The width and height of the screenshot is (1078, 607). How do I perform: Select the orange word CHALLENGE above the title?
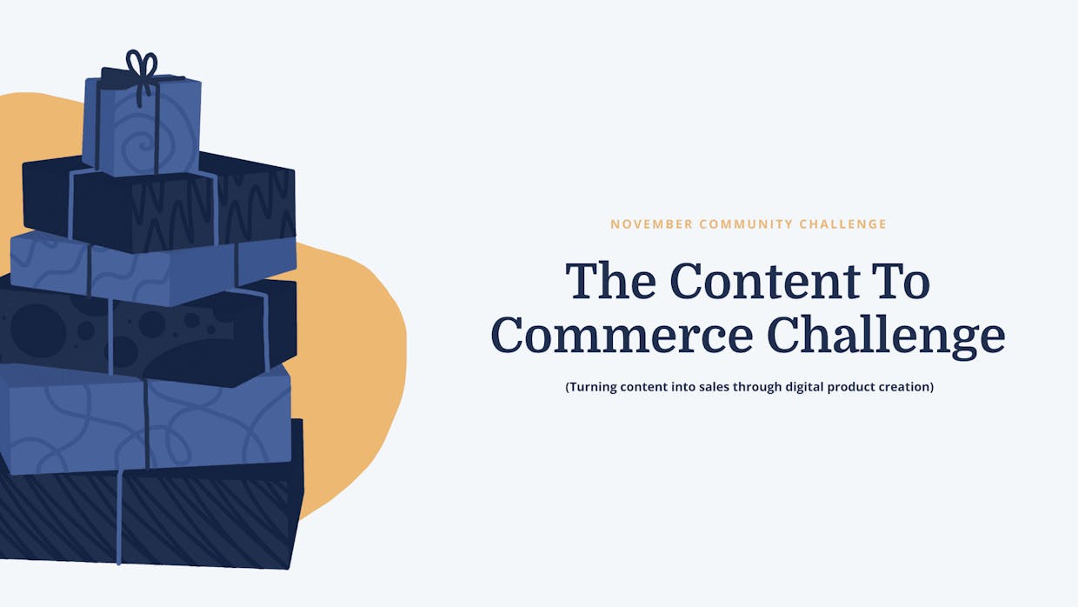tap(842, 224)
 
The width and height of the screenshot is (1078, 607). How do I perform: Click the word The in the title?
tap(610, 281)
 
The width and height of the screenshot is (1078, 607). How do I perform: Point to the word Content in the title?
tap(765, 281)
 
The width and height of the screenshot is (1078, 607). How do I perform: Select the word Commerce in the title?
tap(622, 335)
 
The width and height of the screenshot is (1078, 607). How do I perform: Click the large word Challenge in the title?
tap(886, 337)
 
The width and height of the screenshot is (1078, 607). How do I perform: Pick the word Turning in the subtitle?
tap(592, 386)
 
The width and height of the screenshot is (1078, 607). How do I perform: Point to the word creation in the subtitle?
tap(908, 386)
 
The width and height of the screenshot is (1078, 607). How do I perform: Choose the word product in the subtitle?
tap(853, 388)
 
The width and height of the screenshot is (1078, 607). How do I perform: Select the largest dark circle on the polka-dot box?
tap(38, 330)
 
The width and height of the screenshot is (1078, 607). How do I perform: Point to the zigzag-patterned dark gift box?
tap(159, 202)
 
